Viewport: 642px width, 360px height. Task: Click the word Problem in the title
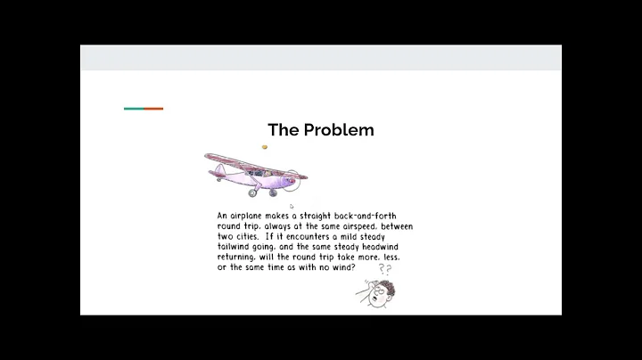click(339, 130)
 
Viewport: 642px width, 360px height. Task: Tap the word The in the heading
click(284, 130)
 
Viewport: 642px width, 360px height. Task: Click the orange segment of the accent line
click(153, 109)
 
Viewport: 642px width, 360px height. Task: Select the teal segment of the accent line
click(134, 109)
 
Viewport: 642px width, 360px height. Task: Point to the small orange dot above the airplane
click(265, 147)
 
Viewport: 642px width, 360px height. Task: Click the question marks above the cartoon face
click(385, 268)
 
